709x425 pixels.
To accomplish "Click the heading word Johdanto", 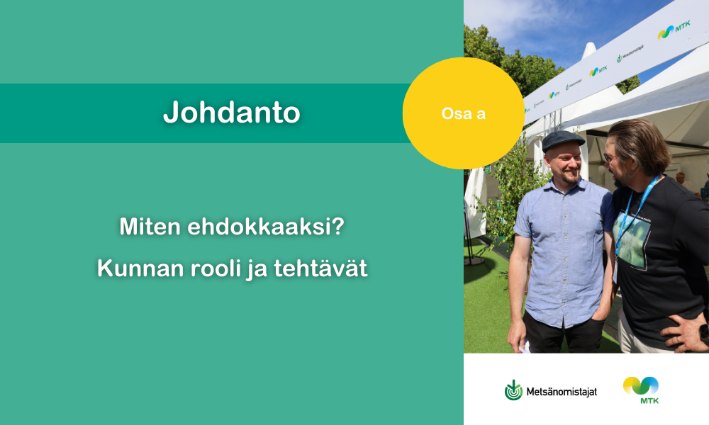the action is (232, 112).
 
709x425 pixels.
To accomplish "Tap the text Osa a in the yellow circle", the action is (464, 113).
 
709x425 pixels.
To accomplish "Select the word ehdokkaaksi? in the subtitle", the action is (266, 226).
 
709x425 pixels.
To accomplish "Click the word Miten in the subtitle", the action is (150, 226).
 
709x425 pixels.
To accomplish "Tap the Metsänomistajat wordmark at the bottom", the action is (561, 392).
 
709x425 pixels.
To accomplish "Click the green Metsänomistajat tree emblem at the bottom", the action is (513, 390).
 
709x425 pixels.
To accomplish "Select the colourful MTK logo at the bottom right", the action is (641, 390).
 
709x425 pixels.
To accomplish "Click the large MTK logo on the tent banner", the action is (674, 30).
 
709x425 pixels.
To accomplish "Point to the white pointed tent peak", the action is (588, 50).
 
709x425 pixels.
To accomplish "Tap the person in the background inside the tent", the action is (686, 183).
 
